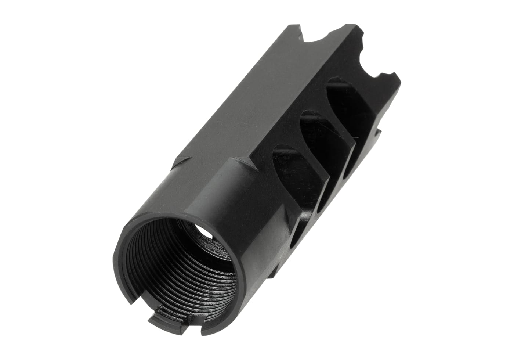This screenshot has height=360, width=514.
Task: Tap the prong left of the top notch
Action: tap(294, 29)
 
